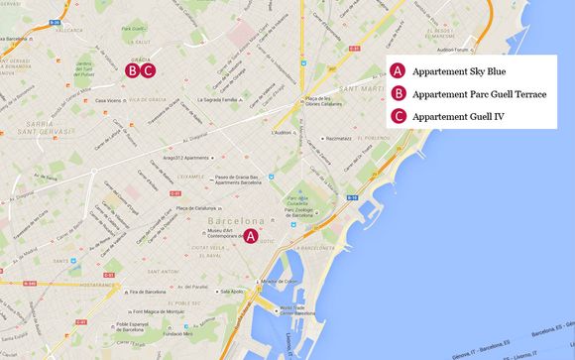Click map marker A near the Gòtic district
(x=252, y=236)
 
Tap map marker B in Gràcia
(x=132, y=70)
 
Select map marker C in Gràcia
(x=148, y=70)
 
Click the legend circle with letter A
(x=398, y=71)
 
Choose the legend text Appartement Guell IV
(x=458, y=117)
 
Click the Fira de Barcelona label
(x=148, y=293)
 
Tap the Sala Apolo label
(x=233, y=292)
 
